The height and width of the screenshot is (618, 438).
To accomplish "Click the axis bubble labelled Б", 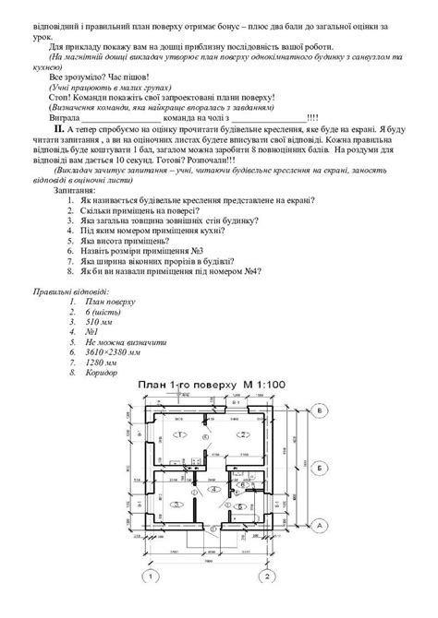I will coord(318,469).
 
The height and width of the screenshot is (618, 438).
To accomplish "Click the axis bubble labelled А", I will coord(318,524).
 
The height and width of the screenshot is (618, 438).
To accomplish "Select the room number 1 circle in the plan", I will coord(181,433).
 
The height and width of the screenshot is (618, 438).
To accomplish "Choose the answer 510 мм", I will coord(98,323).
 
